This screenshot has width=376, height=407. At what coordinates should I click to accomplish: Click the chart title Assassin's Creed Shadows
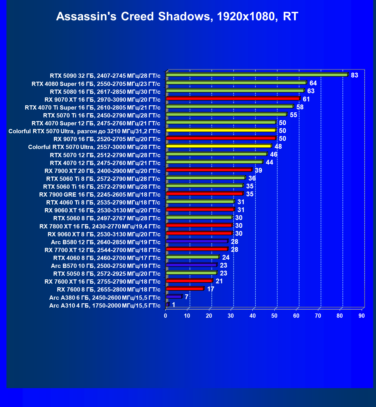point(177,16)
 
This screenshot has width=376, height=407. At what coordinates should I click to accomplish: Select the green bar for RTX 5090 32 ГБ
point(257,75)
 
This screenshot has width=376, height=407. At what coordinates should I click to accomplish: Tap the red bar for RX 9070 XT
point(233,98)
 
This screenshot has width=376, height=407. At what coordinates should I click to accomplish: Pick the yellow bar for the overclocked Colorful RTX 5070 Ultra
point(221,130)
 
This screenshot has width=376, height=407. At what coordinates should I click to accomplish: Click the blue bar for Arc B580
point(197,241)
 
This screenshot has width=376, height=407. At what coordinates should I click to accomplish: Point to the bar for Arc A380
point(174,297)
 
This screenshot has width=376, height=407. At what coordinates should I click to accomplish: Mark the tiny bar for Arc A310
point(168,304)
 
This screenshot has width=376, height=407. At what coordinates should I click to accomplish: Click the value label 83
point(354,75)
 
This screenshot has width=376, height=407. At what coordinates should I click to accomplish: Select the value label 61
point(306,99)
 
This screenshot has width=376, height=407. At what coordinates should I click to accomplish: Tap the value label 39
point(258,170)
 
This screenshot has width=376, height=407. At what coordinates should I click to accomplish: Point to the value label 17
point(210,289)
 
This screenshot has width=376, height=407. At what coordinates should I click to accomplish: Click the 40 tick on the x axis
point(253,316)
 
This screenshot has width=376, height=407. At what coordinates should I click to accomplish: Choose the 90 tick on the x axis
point(362,316)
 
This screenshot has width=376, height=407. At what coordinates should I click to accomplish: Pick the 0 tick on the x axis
point(166,316)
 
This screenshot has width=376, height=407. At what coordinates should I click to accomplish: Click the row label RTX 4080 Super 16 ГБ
point(96,84)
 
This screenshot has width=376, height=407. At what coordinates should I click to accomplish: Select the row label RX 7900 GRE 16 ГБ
point(100,194)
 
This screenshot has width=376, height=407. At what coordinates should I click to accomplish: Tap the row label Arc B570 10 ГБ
point(106,266)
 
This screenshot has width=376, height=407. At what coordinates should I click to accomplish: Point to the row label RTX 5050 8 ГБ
point(107,273)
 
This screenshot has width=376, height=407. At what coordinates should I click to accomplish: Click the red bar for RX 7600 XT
point(189,281)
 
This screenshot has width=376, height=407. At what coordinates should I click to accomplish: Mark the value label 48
point(278,146)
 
